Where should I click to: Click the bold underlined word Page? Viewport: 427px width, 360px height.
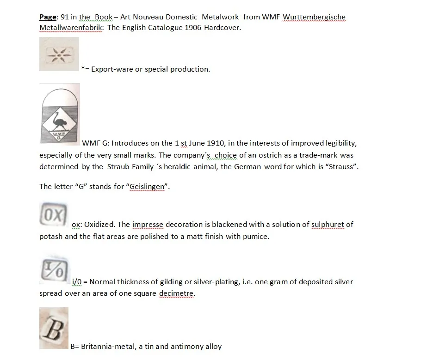(x=48, y=17)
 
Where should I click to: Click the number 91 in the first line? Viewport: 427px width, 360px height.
(x=65, y=17)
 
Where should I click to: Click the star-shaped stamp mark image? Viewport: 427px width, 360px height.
(x=59, y=54)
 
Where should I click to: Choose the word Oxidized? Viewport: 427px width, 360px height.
(x=99, y=225)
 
